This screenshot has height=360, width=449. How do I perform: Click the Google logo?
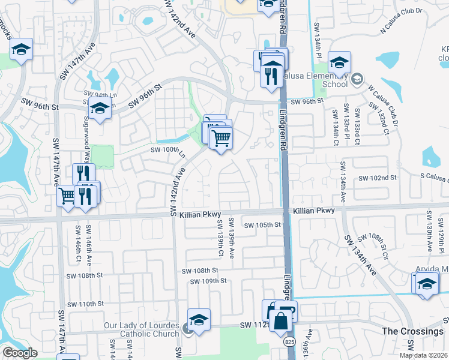click(x=19, y=353)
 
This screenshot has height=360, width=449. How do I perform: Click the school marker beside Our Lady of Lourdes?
click(x=199, y=319)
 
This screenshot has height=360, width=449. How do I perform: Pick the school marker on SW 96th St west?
click(x=100, y=108)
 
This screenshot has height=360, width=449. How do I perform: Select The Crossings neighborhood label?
click(x=412, y=331)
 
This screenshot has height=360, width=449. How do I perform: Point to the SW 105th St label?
click(x=262, y=225)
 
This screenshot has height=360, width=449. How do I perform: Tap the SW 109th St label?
click(x=207, y=281)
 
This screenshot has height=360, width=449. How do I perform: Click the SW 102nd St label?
click(x=378, y=178)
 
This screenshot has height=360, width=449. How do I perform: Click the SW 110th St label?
click(x=86, y=304)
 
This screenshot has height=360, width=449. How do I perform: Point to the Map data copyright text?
click(x=423, y=355)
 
